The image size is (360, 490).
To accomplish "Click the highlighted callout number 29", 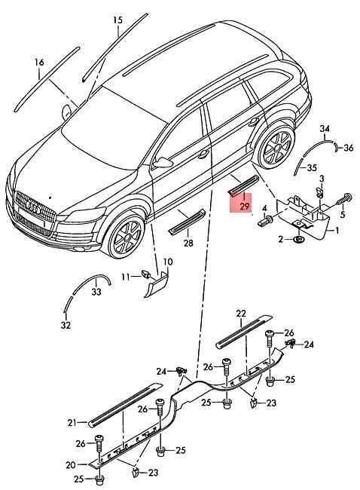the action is click(245, 206).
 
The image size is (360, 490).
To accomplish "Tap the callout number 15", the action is click(117, 20).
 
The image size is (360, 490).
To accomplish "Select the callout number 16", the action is click(39, 62).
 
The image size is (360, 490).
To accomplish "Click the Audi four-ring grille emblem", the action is click(34, 207).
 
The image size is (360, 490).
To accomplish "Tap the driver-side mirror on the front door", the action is click(163, 162).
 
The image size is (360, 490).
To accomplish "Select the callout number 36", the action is click(349, 148).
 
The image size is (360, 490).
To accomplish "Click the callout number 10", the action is click(168, 262).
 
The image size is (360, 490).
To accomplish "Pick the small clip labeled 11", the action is click(146, 274).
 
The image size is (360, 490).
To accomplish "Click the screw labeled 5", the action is click(344, 199).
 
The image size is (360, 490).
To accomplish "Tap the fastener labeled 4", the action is click(265, 221).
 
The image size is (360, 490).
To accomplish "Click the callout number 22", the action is click(241, 314).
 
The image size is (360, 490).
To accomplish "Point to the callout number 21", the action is click(72, 423).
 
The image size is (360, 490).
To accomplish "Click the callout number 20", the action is click(71, 465).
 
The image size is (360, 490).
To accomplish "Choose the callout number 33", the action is click(96, 292).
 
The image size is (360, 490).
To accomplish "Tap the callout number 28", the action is click(188, 243).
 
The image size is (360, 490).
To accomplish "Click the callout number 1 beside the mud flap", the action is click(337, 231).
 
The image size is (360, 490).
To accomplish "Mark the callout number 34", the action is click(325, 128).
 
